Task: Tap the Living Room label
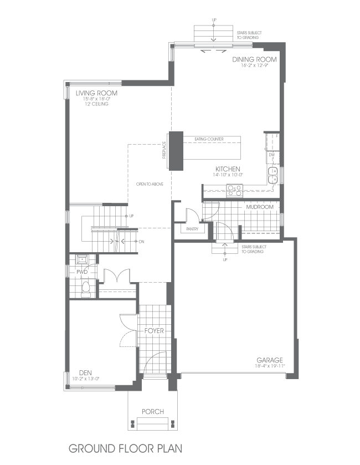pos(96,93)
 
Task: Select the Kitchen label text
pos(228,168)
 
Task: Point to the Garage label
pos(270,359)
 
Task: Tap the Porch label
pos(152,411)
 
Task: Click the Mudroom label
pos(260,207)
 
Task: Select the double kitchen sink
pos(272,176)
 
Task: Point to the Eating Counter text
pos(209,139)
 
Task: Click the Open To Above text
pos(150,183)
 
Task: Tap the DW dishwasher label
pos(272,155)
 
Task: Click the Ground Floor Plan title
pos(125,447)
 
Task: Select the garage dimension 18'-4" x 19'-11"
pos(270,366)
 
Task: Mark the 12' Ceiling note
pos(96,104)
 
